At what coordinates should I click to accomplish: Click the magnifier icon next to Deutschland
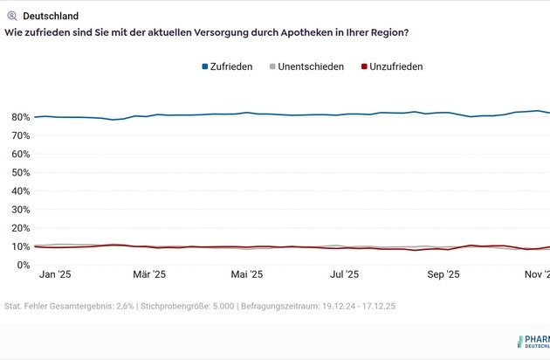(x=11, y=16)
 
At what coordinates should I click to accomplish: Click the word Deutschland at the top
(x=51, y=16)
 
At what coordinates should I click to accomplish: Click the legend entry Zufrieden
(x=231, y=66)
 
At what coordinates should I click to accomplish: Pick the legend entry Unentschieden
(x=312, y=66)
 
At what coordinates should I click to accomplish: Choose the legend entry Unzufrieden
(x=396, y=66)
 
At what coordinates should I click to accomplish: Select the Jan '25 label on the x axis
(x=55, y=274)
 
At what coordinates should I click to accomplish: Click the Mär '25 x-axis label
(x=149, y=274)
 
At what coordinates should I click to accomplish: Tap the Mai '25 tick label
(x=246, y=274)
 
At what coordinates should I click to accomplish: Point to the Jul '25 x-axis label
(x=344, y=274)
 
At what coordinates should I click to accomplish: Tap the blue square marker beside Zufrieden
(x=205, y=66)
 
